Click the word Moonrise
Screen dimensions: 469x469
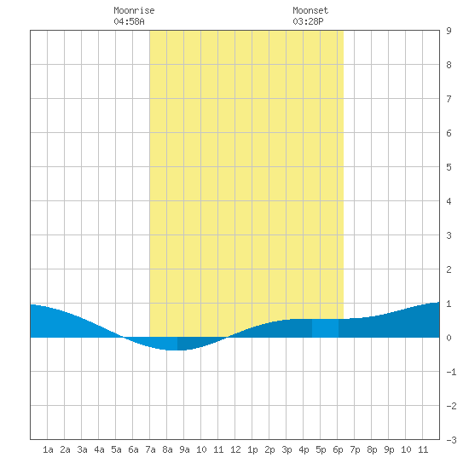[x=134, y=10]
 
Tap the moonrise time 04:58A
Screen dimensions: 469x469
[x=129, y=21]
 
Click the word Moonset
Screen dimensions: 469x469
[x=310, y=10]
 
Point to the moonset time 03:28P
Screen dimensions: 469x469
[x=308, y=21]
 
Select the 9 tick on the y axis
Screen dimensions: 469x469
[x=449, y=31]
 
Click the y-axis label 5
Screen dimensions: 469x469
[x=449, y=167]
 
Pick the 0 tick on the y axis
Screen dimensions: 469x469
[x=449, y=338]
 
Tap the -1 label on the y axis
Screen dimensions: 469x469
[x=451, y=372]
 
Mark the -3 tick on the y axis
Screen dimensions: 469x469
[x=451, y=440]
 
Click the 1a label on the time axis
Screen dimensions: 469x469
[x=48, y=449]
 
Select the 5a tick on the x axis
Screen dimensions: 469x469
[x=116, y=449]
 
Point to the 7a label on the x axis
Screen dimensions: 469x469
[x=150, y=449]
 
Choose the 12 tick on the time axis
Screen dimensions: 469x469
[x=235, y=449]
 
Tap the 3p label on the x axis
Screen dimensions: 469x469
[x=287, y=449]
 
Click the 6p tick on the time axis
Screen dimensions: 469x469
[x=338, y=449]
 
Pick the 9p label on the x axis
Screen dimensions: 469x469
[x=389, y=449]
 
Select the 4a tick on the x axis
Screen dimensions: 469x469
[x=99, y=449]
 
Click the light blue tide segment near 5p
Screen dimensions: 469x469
[x=325, y=328]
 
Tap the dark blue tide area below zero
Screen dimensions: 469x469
[x=199, y=343]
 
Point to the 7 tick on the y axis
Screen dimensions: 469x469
[x=449, y=99]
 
